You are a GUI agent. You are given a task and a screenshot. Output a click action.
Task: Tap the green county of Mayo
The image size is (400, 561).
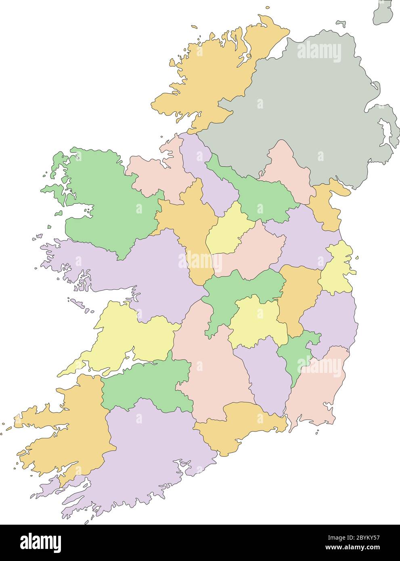105,202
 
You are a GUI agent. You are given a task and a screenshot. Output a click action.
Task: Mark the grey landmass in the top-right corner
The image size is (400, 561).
383,12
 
